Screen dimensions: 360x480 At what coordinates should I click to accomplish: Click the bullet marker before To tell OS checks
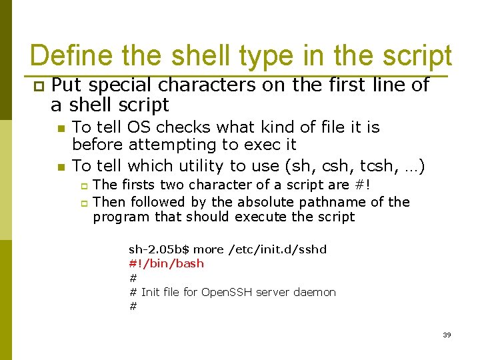(61, 129)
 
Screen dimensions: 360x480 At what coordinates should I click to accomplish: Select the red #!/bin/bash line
(166, 263)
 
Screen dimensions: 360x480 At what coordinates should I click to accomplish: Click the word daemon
(314, 292)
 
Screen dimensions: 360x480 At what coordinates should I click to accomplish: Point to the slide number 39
(447, 335)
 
